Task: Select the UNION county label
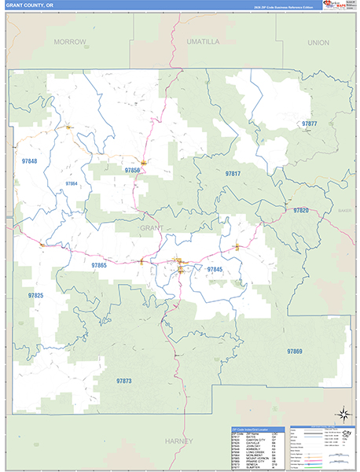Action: (318, 42)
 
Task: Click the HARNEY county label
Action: (179, 442)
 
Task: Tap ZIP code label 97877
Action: (309, 124)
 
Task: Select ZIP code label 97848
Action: (30, 160)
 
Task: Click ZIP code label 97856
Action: (132, 170)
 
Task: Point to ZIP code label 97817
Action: (233, 173)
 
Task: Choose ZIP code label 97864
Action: (72, 183)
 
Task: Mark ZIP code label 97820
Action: (301, 211)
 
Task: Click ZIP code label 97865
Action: (98, 266)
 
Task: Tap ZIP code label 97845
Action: (215, 270)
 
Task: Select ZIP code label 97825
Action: (36, 295)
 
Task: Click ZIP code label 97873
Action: (123, 382)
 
